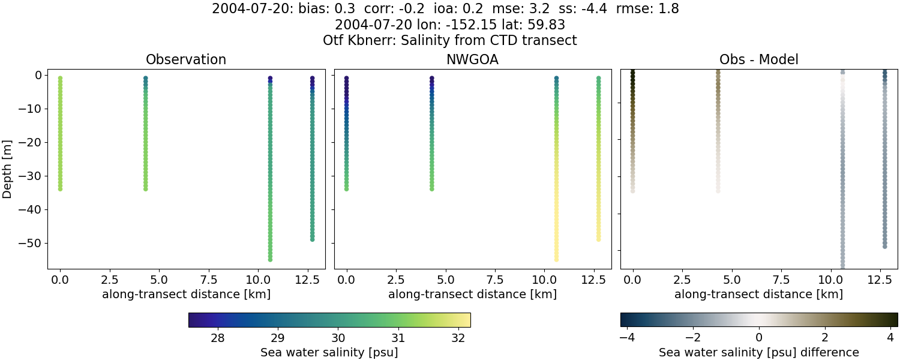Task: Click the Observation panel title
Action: coord(186,60)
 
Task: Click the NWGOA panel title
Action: coord(472,60)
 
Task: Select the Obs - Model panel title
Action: coord(758,60)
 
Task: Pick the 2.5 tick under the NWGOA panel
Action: coord(396,279)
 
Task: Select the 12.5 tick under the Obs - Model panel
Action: coord(880,279)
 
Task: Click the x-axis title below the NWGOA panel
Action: coord(472,294)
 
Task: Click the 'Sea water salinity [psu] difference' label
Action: coord(758,352)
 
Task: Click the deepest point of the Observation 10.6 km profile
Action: coord(270,259)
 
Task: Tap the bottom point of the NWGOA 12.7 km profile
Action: coord(598,239)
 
